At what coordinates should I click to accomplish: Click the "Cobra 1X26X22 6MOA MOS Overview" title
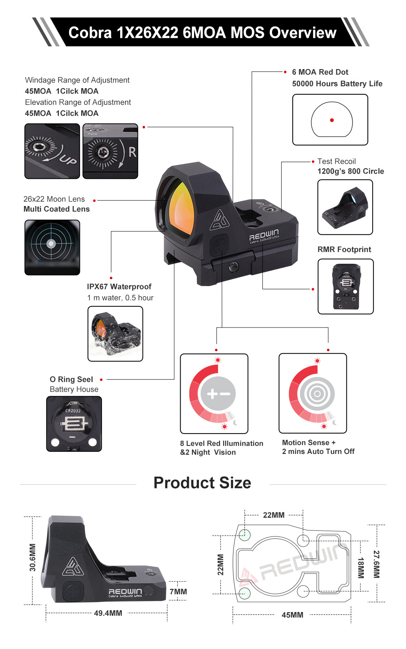coord(202,33)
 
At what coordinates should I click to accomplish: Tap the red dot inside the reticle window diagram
coord(332,120)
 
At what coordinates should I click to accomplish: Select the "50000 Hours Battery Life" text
coord(337,84)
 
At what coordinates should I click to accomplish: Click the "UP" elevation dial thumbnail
coord(52,151)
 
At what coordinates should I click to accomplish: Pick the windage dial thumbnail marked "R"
coord(110,151)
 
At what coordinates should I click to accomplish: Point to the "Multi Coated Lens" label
coord(56,209)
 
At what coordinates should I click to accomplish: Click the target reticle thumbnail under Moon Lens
coord(52,247)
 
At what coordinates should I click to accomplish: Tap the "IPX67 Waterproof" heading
coord(119,287)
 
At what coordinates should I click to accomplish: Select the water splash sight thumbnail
coord(115,334)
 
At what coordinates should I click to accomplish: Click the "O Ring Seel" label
coord(71,379)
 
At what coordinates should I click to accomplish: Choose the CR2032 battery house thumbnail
coord(74,424)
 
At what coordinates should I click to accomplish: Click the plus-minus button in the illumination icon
coord(218,393)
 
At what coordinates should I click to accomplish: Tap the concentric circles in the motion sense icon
coord(317,393)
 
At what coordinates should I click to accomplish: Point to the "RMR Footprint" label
coord(344,250)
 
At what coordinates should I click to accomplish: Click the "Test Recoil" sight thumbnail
coord(345,207)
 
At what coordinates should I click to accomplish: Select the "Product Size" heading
coord(202,483)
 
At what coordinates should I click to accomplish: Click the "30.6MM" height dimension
coord(33,558)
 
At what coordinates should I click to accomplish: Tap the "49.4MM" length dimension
coord(108,613)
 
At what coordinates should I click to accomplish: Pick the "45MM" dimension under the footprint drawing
coord(292,615)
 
